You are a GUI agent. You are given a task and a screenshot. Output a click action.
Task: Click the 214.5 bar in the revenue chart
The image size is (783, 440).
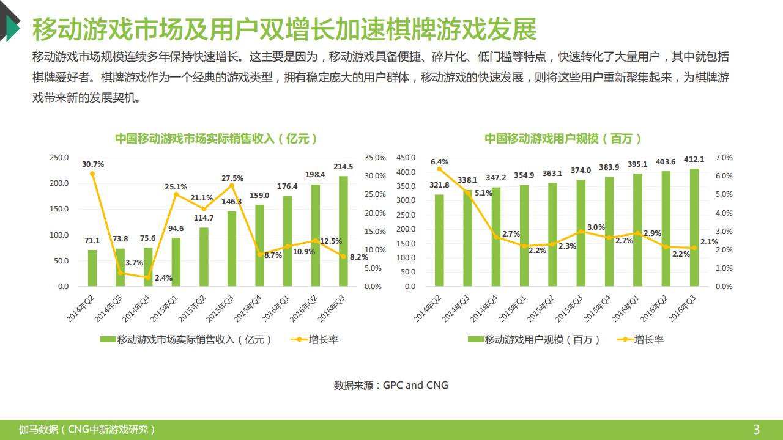coord(343,231)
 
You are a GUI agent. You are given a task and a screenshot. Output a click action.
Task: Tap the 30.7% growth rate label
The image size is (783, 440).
coord(92,164)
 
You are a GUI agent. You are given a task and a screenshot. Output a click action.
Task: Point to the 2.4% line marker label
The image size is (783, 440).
coord(163,278)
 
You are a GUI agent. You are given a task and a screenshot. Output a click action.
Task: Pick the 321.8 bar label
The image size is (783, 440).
coord(439,185)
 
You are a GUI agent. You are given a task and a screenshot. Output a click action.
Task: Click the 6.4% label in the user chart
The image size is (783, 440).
coord(439,162)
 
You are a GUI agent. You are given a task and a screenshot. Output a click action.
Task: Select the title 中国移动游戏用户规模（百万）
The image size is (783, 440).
coord(563,139)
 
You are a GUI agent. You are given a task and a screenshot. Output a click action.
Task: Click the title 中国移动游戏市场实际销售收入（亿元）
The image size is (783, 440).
coord(217,139)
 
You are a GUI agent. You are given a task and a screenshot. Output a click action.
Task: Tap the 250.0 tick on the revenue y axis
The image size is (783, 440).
coord(59,158)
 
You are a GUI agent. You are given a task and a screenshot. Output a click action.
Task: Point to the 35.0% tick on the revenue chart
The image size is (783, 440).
coord(375,158)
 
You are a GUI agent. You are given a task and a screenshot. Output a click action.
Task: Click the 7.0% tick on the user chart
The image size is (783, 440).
coord(724,158)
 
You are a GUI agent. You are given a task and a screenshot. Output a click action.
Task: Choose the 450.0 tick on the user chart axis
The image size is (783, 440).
coord(406,158)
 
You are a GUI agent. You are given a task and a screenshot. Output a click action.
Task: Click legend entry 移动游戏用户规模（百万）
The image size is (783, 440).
coord(535,340)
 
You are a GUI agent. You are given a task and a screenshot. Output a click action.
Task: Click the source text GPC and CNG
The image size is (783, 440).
coord(415,385)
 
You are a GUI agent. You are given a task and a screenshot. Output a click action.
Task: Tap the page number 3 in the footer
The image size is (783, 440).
coord(756,430)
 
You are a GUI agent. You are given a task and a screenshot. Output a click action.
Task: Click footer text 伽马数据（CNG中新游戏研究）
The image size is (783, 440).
coord(87,430)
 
